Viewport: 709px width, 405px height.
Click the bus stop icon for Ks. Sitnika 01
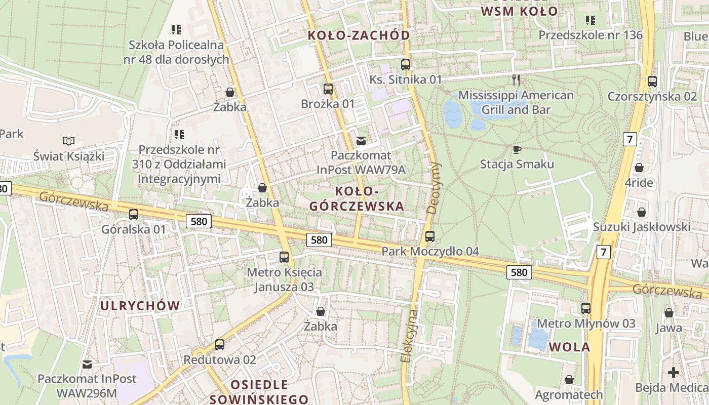click(x=405, y=64)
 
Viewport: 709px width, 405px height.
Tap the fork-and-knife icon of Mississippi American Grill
click(x=516, y=79)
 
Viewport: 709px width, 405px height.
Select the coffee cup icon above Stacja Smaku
click(x=517, y=149)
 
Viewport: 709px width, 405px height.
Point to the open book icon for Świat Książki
click(x=69, y=141)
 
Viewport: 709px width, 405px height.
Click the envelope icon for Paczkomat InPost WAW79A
click(x=361, y=140)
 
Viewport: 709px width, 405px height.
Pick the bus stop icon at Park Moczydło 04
click(x=430, y=236)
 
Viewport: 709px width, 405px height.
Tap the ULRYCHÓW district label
click(x=140, y=306)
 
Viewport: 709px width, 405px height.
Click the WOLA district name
click(x=570, y=347)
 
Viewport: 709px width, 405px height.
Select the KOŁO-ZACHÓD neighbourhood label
click(x=359, y=35)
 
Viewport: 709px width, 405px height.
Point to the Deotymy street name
click(x=434, y=187)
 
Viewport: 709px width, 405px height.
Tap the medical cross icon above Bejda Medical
click(x=673, y=373)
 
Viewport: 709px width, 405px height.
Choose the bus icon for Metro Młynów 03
click(x=586, y=308)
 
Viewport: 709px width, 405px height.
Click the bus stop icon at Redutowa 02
click(x=220, y=345)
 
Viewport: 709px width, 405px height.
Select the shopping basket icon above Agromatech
click(x=569, y=380)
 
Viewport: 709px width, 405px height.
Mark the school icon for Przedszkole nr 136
click(x=590, y=20)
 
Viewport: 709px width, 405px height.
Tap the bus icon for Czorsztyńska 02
click(x=652, y=81)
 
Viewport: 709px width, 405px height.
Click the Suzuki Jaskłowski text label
click(x=642, y=227)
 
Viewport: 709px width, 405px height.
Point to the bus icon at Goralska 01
click(x=134, y=215)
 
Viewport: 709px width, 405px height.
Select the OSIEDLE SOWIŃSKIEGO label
click(x=259, y=391)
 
